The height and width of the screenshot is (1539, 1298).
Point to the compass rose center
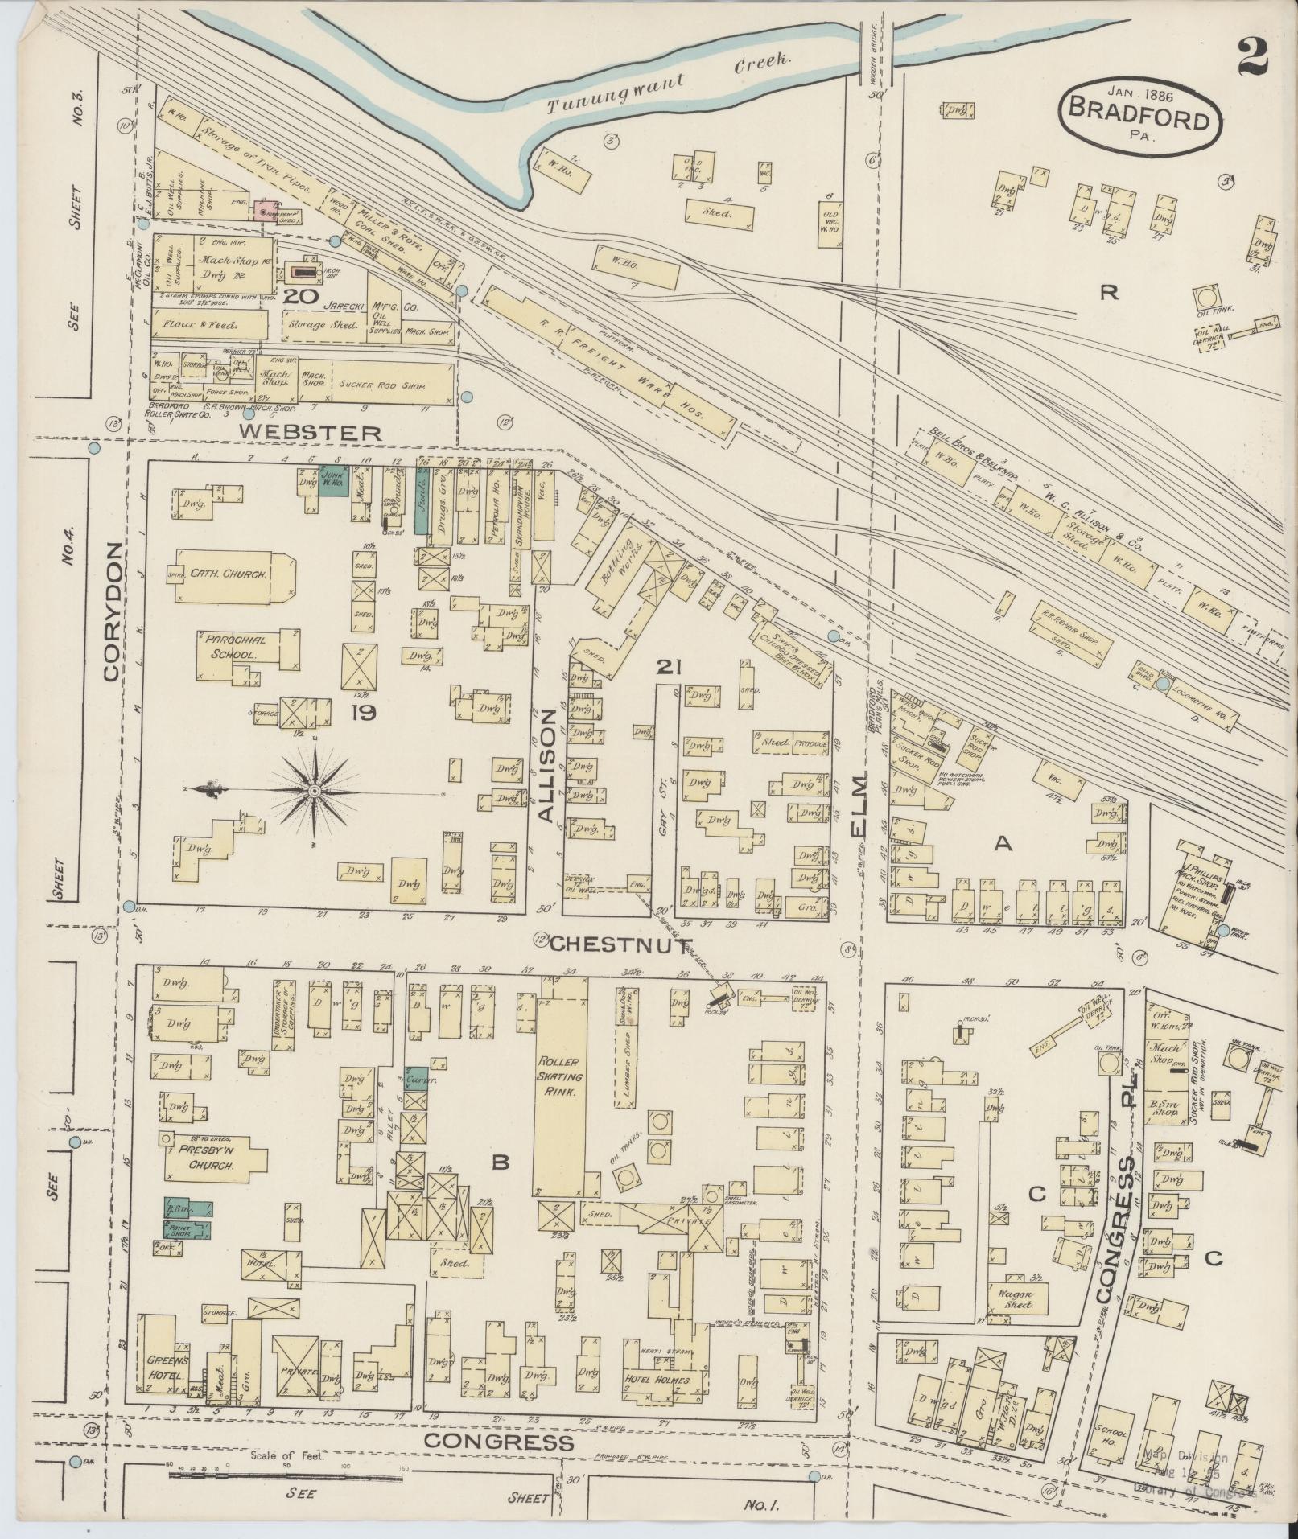315,792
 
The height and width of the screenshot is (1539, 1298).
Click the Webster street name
311,433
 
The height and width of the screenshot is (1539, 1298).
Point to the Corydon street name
112,611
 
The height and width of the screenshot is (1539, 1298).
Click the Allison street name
547,766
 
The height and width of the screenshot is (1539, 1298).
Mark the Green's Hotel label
167,1368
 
